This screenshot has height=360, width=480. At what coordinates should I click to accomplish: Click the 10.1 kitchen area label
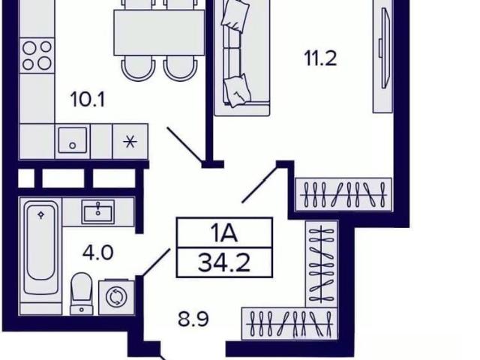(x=88, y=100)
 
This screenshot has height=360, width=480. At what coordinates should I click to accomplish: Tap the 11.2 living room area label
(x=320, y=58)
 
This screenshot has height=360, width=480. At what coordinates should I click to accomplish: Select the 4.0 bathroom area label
(x=98, y=253)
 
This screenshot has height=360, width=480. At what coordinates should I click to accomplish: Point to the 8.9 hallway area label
(x=193, y=319)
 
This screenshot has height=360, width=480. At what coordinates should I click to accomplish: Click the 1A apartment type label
(x=224, y=233)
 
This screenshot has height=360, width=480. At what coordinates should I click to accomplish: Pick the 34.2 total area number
(x=224, y=263)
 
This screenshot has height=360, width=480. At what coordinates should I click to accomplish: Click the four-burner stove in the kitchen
(x=37, y=55)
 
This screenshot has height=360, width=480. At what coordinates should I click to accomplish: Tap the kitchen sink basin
(x=73, y=140)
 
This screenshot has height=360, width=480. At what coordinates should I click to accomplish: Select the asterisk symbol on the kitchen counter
(x=130, y=142)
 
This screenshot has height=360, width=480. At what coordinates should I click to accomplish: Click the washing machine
(x=116, y=297)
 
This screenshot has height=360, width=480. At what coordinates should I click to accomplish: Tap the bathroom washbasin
(x=98, y=211)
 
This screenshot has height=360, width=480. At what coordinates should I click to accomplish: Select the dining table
(x=159, y=33)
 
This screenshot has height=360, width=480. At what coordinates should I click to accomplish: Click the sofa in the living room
(x=241, y=58)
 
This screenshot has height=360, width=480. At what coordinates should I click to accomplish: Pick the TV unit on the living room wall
(x=382, y=56)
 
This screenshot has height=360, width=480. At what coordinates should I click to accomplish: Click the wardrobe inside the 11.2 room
(x=343, y=194)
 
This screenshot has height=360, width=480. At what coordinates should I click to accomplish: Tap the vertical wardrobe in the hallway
(x=322, y=264)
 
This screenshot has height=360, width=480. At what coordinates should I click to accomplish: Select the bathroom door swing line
(x=155, y=262)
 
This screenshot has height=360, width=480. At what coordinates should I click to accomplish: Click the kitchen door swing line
(x=184, y=145)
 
